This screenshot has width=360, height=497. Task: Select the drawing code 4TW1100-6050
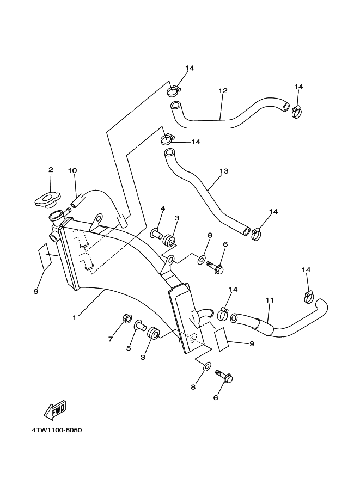click(x=57, y=430)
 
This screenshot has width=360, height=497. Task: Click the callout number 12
click(x=223, y=91)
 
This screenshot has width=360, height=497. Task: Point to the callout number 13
click(x=224, y=171)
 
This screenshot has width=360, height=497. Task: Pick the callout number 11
click(x=269, y=300)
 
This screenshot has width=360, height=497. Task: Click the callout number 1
click(x=74, y=317)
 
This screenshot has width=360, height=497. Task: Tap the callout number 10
click(x=72, y=171)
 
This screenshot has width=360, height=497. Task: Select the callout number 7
click(x=111, y=339)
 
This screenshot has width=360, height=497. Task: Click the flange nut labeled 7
click(x=126, y=318)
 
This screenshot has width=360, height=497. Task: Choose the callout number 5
click(x=129, y=348)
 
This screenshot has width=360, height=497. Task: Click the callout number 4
click(x=163, y=208)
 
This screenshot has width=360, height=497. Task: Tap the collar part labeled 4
click(x=156, y=234)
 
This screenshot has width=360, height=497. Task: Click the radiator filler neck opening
click(x=57, y=216)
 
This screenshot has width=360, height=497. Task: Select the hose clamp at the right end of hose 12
click(x=296, y=112)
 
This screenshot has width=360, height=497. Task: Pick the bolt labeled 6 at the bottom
click(x=224, y=377)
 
